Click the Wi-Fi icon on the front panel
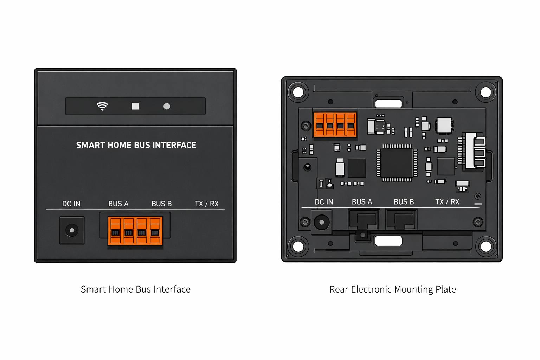tap(102, 106)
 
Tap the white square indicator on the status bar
tap(135, 106)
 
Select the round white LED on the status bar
tap(167, 106)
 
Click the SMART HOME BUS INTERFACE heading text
tap(136, 145)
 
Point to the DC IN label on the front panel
tap(71, 204)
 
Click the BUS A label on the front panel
tap(118, 204)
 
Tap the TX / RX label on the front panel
tap(207, 204)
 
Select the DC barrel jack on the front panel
tap(72, 230)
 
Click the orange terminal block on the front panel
tap(135, 231)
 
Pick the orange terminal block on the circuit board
tap(335, 124)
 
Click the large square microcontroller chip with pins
tap(397, 163)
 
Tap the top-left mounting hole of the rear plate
tap(298, 92)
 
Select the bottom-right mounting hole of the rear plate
tap(486, 246)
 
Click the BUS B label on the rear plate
tap(404, 202)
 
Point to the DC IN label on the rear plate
tap(324, 202)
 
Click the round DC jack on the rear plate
tap(321, 222)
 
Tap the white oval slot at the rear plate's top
tap(388, 103)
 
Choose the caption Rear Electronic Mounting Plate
tap(393, 289)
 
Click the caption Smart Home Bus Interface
tap(136, 289)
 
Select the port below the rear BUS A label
tap(364, 220)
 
